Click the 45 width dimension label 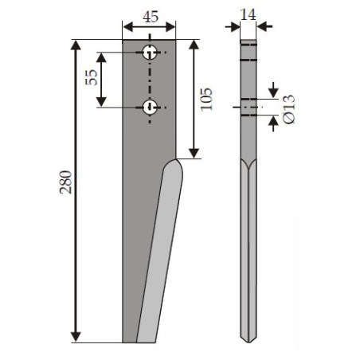click(x=151, y=17)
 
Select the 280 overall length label click(x=65, y=182)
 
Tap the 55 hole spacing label click(x=92, y=77)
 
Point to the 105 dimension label click(x=206, y=100)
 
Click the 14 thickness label click(x=248, y=14)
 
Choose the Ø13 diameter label click(x=289, y=109)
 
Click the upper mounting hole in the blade click(x=150, y=53)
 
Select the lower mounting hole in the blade click(x=150, y=108)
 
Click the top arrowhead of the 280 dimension click(x=76, y=45)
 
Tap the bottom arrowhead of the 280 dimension click(x=76, y=337)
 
